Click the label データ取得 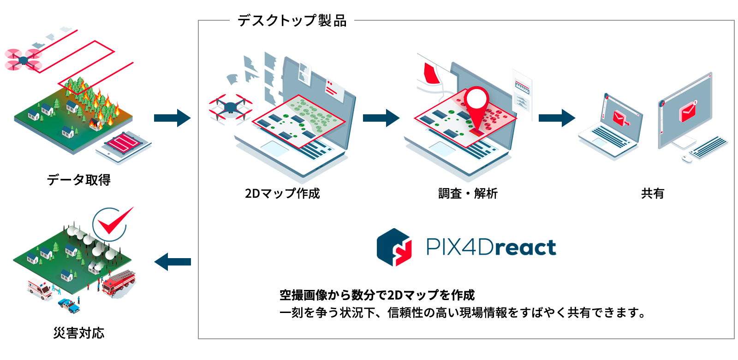pos(78,180)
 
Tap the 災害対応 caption pos(78,332)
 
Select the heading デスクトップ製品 pos(292,21)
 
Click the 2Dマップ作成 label pos(282,193)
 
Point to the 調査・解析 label pos(468,193)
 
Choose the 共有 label pos(652,193)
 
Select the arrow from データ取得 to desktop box pos(172,118)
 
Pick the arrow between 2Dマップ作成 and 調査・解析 pos(381,118)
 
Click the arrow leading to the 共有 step pos(557,118)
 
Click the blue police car pos(69,305)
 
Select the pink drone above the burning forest pos(23,60)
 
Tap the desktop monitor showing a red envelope pos(686,111)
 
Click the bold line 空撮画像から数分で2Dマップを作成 pos(377,295)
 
